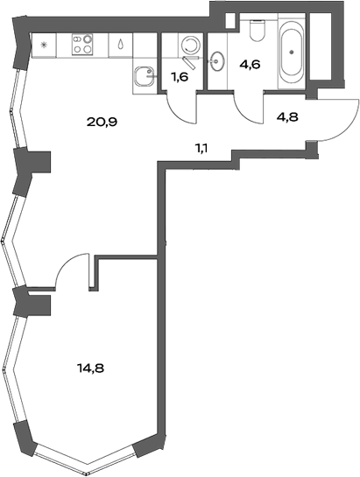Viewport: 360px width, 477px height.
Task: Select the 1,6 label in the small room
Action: (x=180, y=76)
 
